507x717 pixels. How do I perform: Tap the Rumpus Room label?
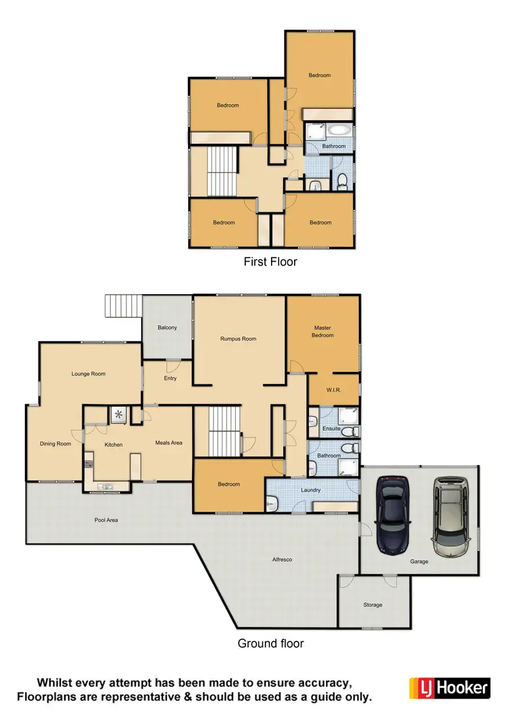[x=239, y=339]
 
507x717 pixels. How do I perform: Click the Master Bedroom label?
[x=322, y=331]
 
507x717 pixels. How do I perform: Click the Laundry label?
[x=311, y=490]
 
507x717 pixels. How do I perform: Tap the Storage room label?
[x=372, y=605]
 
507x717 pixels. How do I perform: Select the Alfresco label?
[x=282, y=560]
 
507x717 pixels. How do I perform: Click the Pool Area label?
[x=105, y=520]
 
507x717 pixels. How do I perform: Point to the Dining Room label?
[x=55, y=444]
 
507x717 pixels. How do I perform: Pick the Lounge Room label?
[x=89, y=374]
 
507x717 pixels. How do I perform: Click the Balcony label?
[x=167, y=328]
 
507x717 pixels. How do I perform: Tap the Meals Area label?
[x=169, y=443]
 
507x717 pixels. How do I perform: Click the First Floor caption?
[x=270, y=261]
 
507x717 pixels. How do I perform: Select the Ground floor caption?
[x=270, y=643]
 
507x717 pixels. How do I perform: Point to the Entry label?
[x=170, y=378]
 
